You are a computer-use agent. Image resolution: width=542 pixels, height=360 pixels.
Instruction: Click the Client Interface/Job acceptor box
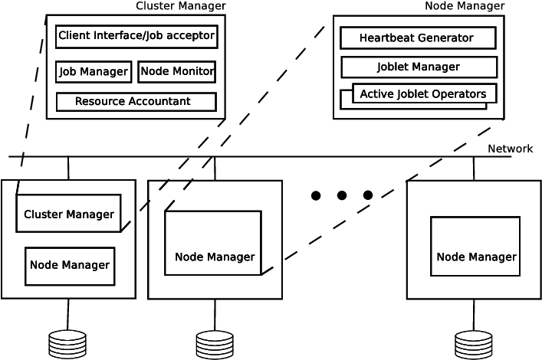click(136, 36)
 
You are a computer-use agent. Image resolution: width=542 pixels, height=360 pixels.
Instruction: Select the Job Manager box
click(93, 72)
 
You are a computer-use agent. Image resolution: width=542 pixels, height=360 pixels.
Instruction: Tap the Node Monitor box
click(176, 72)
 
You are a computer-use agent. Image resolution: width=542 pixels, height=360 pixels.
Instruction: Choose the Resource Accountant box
click(136, 101)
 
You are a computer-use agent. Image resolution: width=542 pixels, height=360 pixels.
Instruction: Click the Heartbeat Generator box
click(418, 38)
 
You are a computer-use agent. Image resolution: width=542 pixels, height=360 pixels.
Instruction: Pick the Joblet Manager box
click(418, 67)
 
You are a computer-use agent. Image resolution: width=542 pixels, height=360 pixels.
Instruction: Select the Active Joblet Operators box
click(424, 94)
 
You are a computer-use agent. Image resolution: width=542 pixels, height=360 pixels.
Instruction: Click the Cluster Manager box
click(69, 214)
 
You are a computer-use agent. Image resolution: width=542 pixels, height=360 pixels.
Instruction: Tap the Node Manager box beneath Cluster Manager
click(70, 265)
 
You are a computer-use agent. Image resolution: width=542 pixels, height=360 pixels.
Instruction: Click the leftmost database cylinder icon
click(67, 345)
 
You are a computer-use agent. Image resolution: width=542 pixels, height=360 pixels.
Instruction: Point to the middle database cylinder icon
click(214, 345)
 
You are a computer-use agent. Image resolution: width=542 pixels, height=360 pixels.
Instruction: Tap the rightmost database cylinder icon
click(474, 345)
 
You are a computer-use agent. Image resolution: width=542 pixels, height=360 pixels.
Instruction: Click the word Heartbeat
click(389, 38)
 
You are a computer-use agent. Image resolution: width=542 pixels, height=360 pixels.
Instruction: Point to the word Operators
click(459, 94)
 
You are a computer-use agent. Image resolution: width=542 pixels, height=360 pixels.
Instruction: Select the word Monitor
click(192, 72)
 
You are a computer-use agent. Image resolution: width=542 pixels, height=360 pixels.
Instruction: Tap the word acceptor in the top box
click(192, 36)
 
